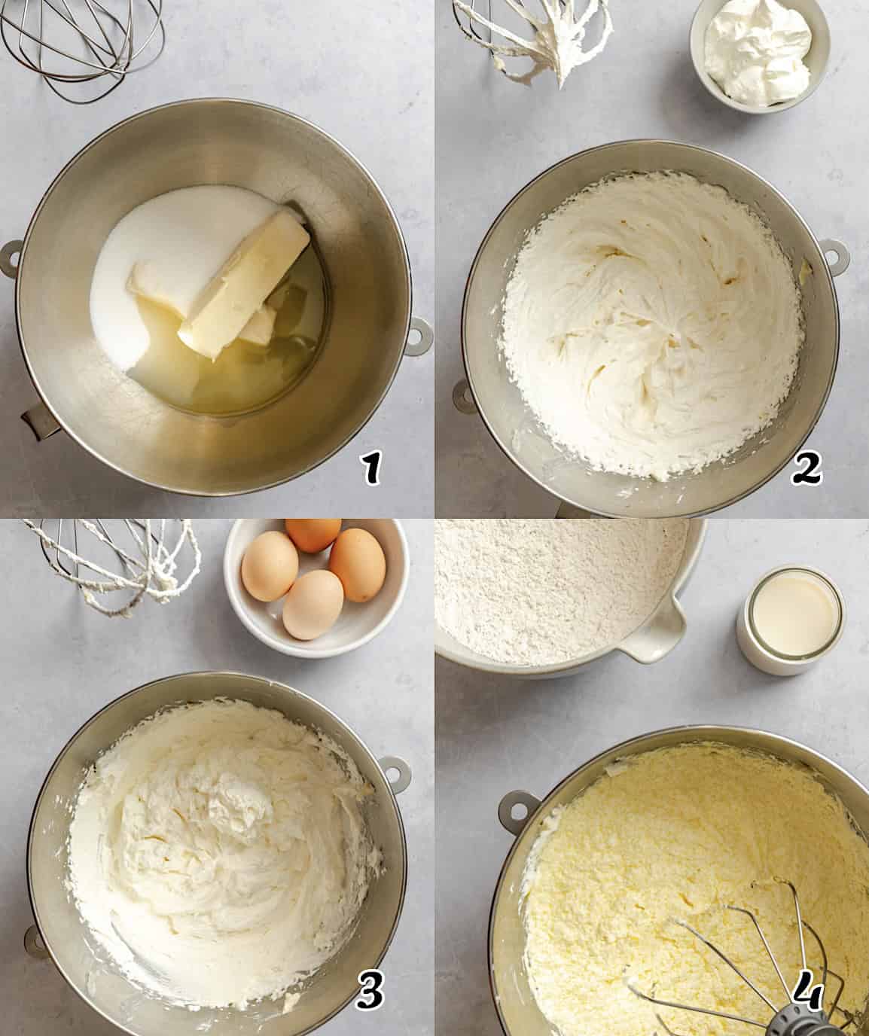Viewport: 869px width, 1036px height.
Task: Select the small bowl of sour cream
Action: pos(759,53)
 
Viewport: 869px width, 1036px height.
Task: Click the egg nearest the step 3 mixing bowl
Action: pos(313,604)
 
